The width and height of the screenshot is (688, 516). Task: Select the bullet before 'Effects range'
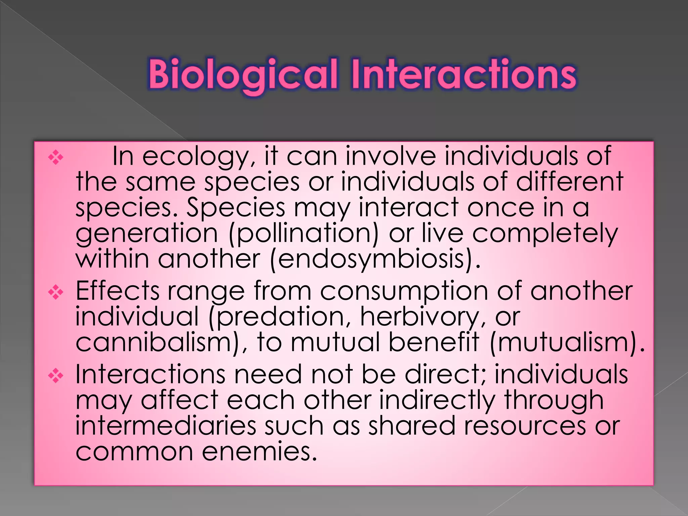click(56, 293)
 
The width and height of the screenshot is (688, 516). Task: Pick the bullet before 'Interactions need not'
click(56, 376)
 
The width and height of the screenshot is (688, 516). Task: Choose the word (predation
click(281, 317)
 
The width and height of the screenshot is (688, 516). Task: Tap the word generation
click(147, 234)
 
